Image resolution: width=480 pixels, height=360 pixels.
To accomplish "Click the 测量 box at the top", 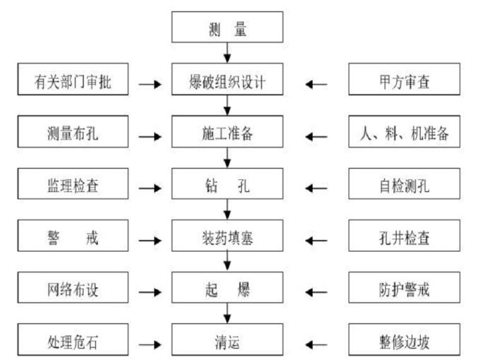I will point(227,28).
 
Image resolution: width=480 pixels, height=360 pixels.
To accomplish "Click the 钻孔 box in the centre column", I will point(227,187).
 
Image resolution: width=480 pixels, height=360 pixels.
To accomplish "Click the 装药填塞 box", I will point(227,239).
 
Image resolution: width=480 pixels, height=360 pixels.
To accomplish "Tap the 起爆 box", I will point(227,291).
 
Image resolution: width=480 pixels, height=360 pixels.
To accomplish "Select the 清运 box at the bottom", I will point(227,343).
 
